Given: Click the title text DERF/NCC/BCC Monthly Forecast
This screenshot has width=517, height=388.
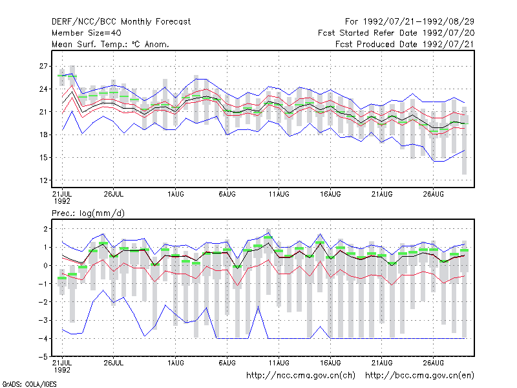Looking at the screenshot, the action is [x=121, y=22].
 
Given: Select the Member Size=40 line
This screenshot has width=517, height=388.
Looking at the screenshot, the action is [x=87, y=33].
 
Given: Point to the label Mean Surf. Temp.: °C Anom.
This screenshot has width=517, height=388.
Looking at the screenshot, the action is [x=111, y=44].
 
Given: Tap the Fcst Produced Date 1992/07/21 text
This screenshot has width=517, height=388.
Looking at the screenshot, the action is [x=405, y=44].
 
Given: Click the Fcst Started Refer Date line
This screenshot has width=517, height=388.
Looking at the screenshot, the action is [x=396, y=33].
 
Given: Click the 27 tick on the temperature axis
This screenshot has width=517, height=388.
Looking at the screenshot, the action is [x=43, y=66].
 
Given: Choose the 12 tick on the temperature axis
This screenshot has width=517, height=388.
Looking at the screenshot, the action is [x=43, y=180].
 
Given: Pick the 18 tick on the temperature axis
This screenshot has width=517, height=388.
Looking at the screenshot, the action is [x=43, y=135].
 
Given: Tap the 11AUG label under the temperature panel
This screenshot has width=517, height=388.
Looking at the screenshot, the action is [x=279, y=194].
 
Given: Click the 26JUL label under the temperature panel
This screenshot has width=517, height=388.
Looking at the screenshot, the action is [x=114, y=194].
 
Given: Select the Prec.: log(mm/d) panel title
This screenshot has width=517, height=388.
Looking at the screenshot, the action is [x=88, y=213].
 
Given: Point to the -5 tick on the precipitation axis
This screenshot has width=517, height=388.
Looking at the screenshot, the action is [x=43, y=357].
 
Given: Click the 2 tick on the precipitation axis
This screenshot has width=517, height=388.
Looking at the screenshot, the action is [x=45, y=229].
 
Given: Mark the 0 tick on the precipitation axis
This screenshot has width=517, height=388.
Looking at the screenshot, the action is [x=45, y=265].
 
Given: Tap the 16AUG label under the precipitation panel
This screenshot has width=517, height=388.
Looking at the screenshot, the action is [x=330, y=363].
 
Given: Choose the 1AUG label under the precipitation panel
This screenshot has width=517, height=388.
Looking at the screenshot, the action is [x=175, y=363].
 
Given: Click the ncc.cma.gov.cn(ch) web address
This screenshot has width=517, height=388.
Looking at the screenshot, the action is [x=301, y=376].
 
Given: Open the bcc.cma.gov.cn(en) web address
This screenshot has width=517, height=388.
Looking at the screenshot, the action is [x=419, y=376].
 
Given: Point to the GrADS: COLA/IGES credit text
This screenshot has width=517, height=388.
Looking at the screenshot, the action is [x=29, y=384].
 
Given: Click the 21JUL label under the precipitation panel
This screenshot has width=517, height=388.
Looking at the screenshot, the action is [x=62, y=366].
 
